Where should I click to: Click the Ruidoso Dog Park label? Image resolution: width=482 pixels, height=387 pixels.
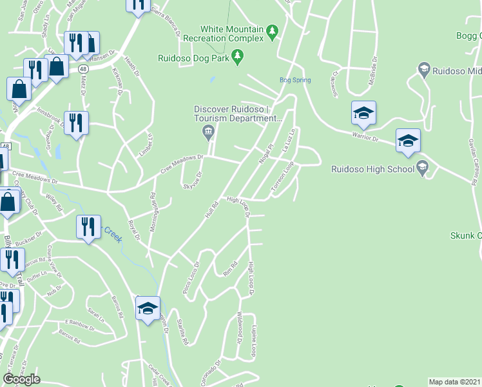[x=195, y=58]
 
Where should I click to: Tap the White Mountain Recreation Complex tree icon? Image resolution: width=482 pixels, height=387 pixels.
[x=272, y=30]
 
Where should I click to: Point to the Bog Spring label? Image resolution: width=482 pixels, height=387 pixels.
[x=295, y=81]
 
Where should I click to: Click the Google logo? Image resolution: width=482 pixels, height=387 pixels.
[x=21, y=379]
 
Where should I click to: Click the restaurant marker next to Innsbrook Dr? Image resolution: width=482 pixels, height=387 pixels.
[x=76, y=122]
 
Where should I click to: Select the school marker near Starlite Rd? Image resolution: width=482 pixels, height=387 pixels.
[x=148, y=308]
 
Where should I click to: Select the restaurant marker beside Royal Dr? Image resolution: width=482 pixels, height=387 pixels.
[x=88, y=226]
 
